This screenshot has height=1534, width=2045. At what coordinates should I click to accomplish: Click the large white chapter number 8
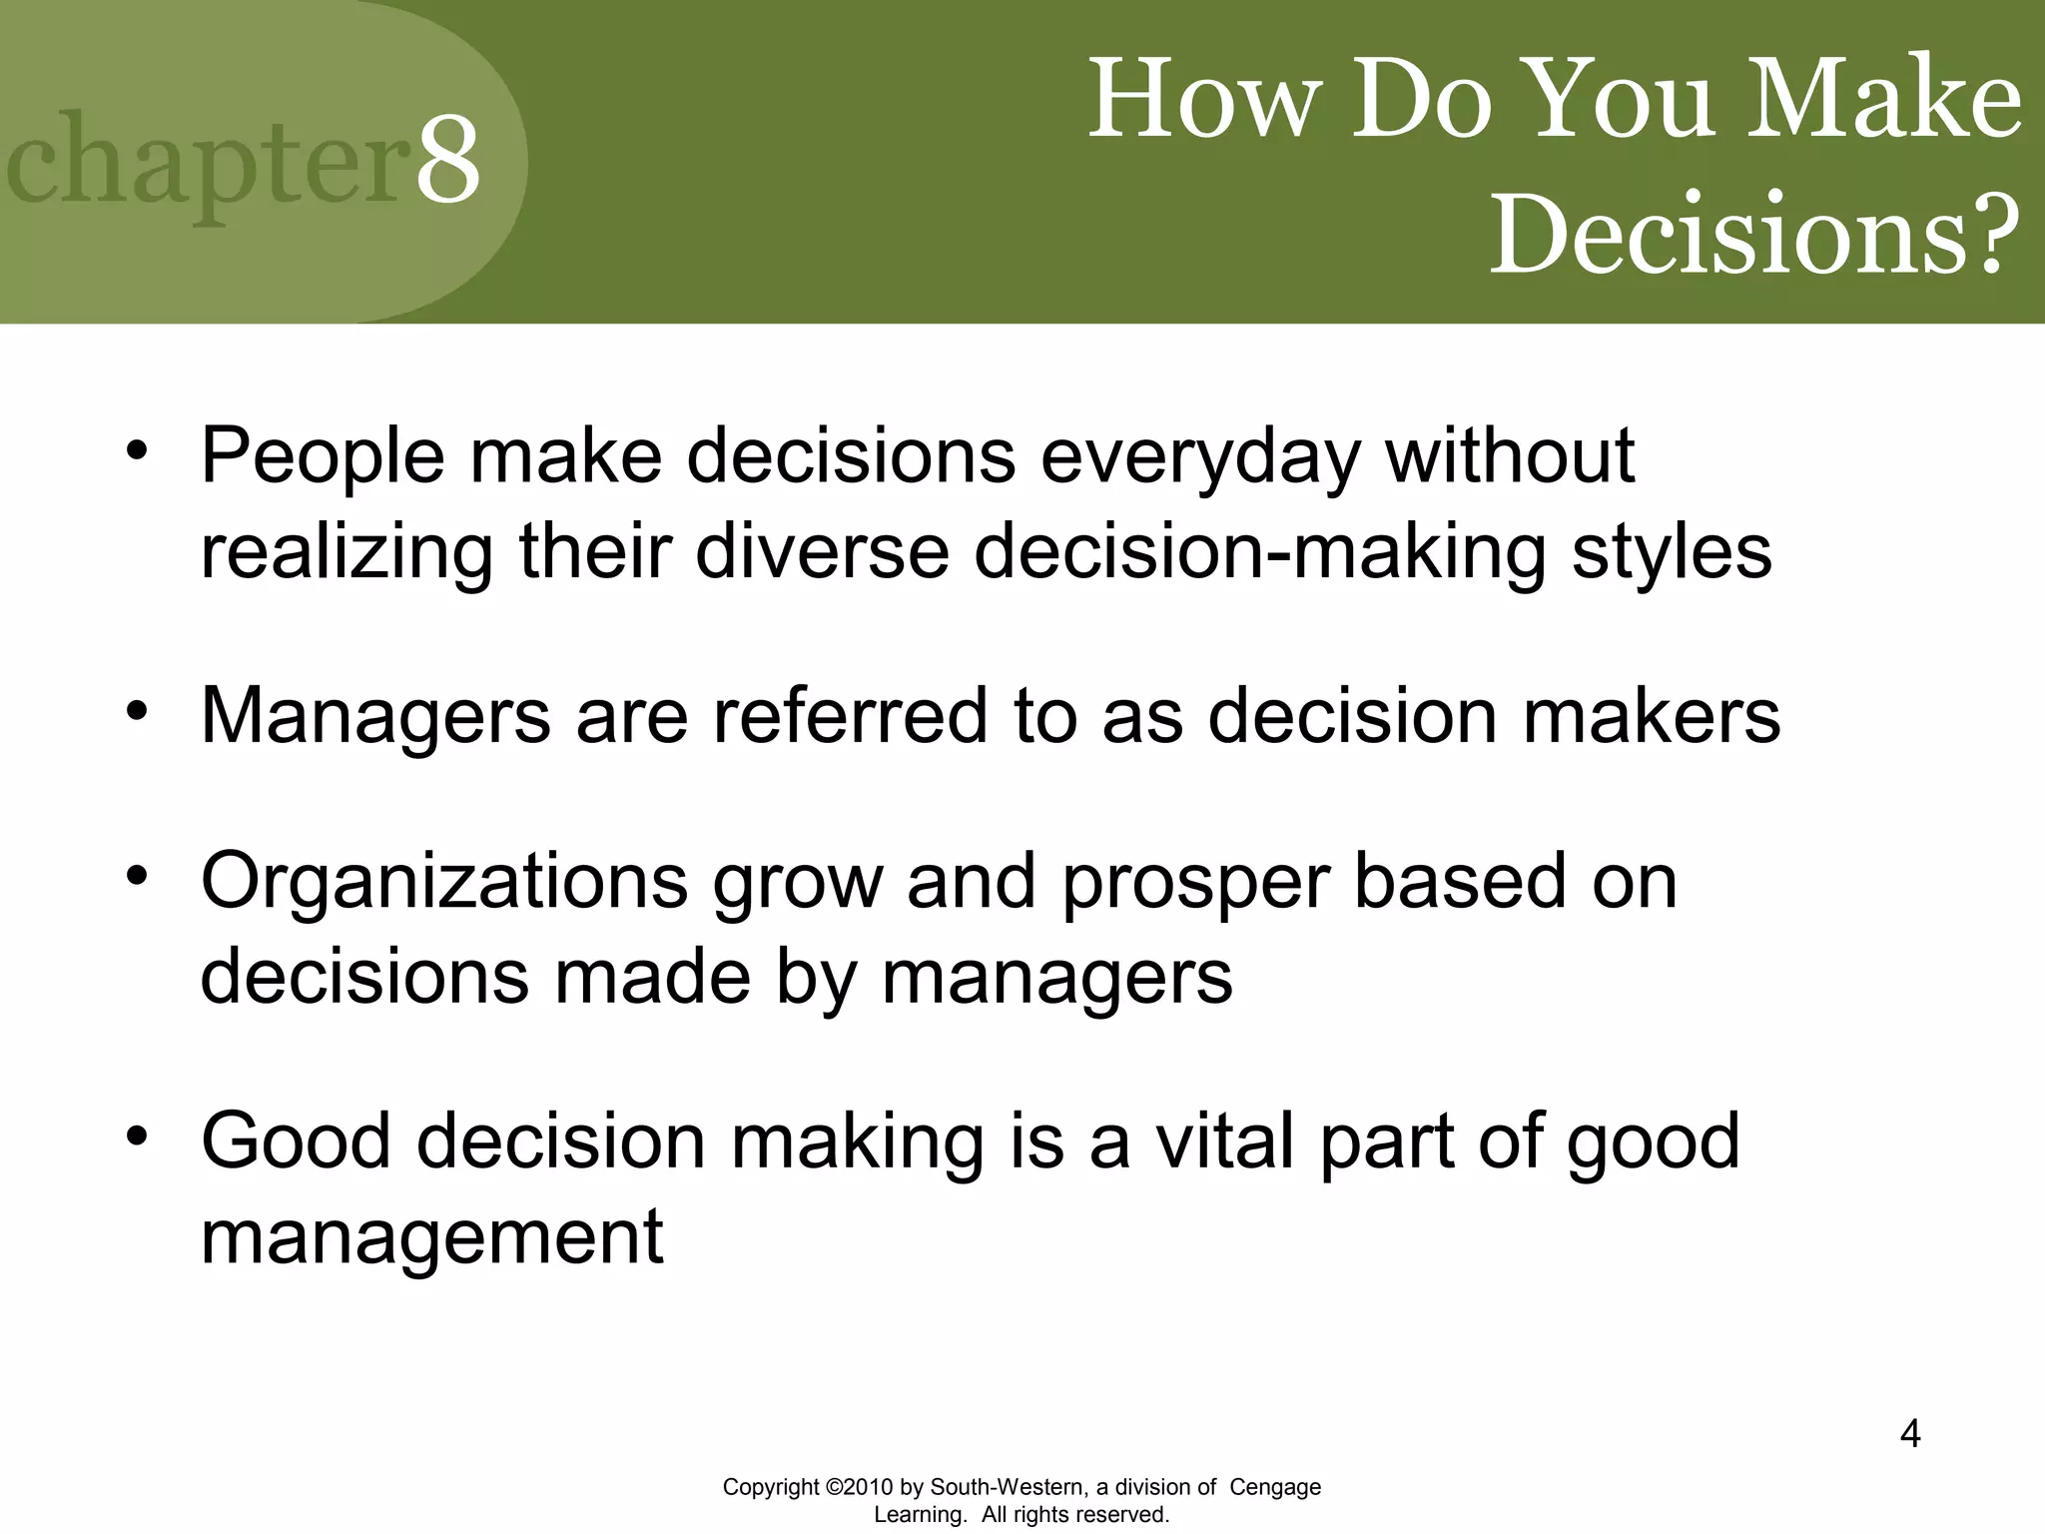pos(447,160)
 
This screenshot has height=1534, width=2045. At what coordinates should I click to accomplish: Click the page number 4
pos(1909,1434)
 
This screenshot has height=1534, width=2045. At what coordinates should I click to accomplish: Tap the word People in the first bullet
pos(322,457)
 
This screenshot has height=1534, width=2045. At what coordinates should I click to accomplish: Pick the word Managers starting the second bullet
pos(375,716)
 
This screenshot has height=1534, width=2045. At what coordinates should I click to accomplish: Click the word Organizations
pos(444,882)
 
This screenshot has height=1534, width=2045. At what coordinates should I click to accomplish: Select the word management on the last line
pos(431,1237)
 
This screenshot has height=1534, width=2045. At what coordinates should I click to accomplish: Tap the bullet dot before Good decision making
pos(137,1136)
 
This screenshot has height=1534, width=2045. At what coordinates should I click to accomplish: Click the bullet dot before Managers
pos(137,710)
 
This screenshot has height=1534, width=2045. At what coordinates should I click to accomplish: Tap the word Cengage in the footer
pos(1274,1487)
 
